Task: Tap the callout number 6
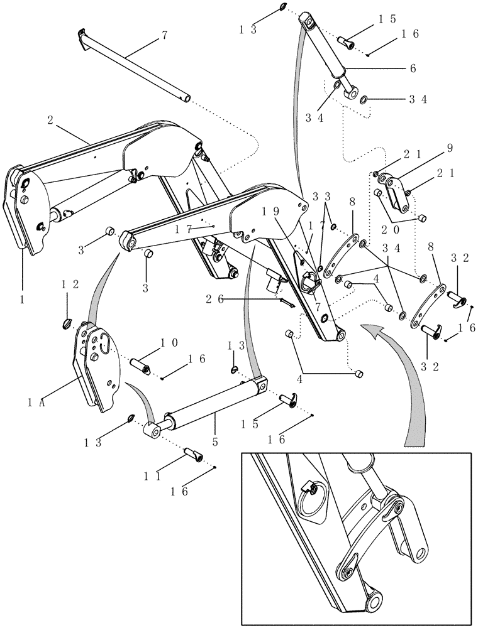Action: coord(413,69)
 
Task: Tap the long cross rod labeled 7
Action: coord(132,63)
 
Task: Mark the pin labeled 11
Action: coord(192,453)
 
